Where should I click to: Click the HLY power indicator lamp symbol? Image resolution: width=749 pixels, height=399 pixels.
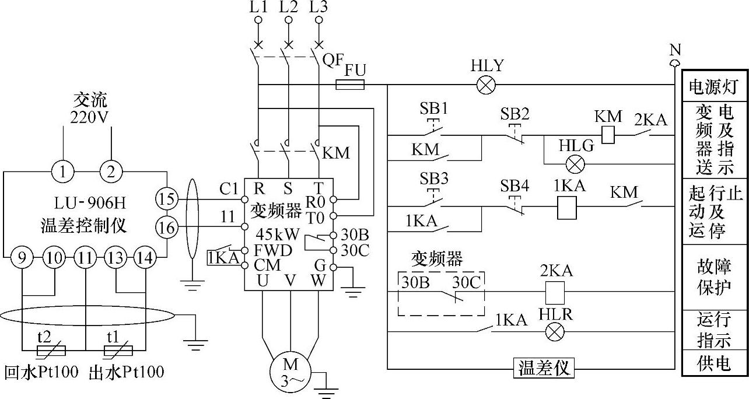click(486, 85)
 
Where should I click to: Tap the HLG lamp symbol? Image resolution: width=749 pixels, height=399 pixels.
click(576, 164)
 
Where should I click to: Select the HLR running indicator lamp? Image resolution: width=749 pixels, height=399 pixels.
click(555, 332)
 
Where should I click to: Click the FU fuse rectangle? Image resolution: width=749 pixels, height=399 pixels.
click(350, 85)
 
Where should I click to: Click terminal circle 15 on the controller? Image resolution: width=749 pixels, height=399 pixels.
click(166, 199)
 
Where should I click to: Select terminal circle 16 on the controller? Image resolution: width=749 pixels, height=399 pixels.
click(166, 228)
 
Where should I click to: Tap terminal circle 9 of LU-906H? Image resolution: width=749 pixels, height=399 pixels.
click(22, 258)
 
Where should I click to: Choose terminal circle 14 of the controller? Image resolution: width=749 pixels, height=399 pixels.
click(145, 258)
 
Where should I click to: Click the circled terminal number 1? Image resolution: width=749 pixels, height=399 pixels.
click(63, 171)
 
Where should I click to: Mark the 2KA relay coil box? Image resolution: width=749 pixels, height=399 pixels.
click(555, 293)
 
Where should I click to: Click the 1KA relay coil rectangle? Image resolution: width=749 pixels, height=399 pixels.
click(567, 208)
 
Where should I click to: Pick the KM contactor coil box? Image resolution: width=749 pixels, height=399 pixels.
click(608, 135)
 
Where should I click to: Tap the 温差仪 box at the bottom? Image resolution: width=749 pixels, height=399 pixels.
click(544, 368)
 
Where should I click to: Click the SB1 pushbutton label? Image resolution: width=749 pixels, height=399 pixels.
click(433, 108)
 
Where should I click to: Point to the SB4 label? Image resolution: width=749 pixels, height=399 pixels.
click(514, 185)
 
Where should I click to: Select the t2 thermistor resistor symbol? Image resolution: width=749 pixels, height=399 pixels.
click(51, 351)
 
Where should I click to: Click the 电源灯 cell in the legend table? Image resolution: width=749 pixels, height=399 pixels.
click(713, 87)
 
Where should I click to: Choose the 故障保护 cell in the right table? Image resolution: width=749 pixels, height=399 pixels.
click(713, 277)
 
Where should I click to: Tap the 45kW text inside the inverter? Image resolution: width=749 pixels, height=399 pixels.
click(278, 235)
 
